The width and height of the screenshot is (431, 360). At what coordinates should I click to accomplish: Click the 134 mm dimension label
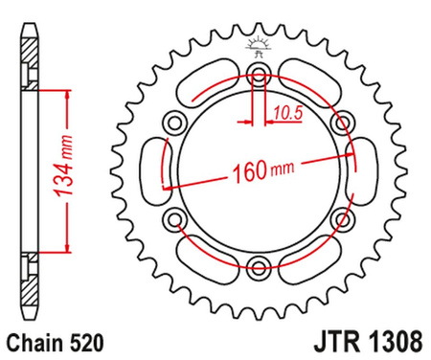pyautogui.click(x=65, y=176)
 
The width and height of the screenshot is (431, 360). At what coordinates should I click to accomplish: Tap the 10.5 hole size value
pyautogui.click(x=284, y=113)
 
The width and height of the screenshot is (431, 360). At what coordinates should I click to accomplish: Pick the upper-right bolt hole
pyautogui.click(x=338, y=124)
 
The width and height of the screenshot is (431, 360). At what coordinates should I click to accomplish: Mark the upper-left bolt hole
pyautogui.click(x=175, y=124)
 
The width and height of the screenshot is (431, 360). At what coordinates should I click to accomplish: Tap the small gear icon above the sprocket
pyautogui.click(x=257, y=44)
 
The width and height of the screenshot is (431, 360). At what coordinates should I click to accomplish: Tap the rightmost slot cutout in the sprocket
pyautogui.click(x=365, y=172)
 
